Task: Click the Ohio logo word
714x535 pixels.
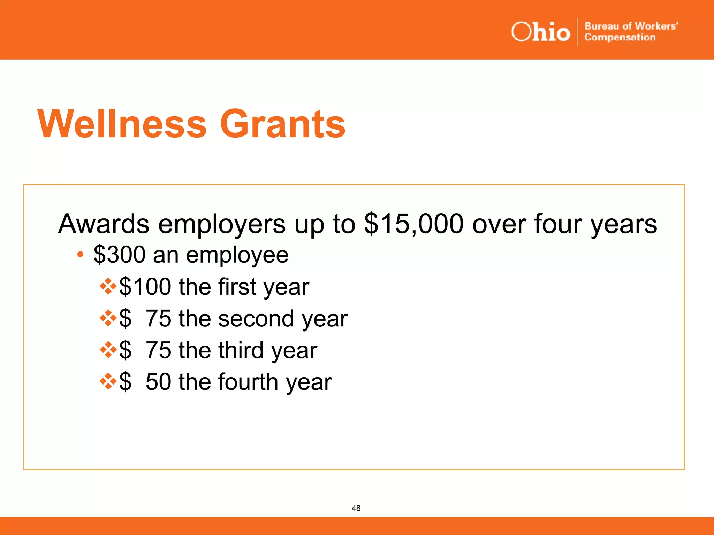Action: coord(540,32)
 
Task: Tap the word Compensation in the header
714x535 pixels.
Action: coord(620,37)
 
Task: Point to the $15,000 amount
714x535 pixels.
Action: coord(414,224)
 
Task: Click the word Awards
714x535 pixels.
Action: coord(104,224)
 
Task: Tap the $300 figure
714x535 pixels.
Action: coord(119,255)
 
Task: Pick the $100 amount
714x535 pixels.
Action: coord(145,287)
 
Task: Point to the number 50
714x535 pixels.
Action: coord(158,382)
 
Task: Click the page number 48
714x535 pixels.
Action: coord(356,508)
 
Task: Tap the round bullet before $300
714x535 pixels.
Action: coord(80,255)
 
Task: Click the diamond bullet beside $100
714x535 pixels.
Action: coord(108,286)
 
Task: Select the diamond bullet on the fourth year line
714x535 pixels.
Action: coord(108,381)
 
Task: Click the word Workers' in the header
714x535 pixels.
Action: coord(656,26)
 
